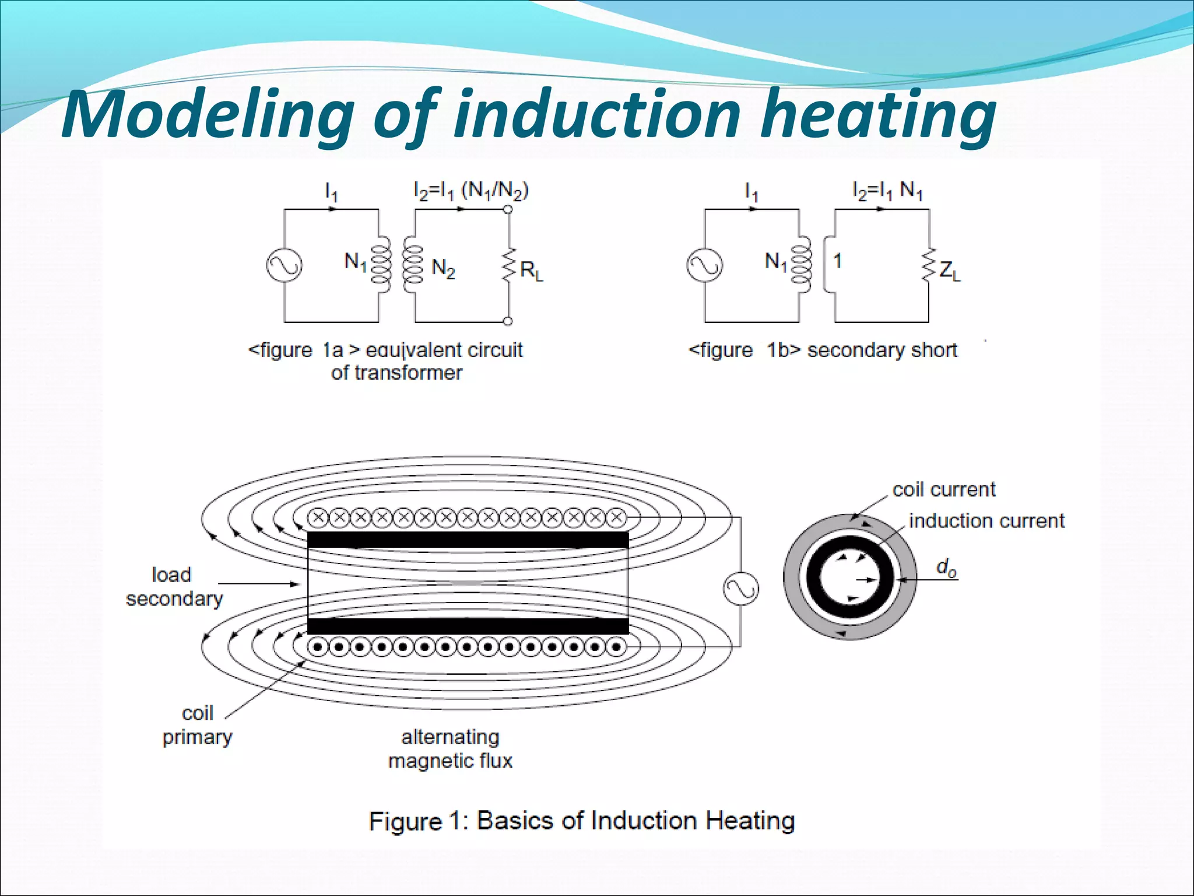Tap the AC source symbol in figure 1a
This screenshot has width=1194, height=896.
(285, 265)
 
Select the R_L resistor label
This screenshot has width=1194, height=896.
(531, 271)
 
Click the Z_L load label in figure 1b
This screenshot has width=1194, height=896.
(949, 271)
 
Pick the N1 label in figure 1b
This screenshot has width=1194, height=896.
(775, 262)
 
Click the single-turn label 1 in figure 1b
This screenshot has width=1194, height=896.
(838, 261)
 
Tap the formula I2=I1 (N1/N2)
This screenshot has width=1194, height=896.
(470, 191)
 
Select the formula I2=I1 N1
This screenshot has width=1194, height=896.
(887, 191)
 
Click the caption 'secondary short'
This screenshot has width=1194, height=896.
(882, 350)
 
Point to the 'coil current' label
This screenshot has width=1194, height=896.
(944, 489)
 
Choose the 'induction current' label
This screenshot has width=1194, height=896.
(986, 520)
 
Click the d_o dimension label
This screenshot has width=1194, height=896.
(946, 568)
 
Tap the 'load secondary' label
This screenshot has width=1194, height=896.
(174, 587)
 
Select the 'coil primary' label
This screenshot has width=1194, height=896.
(197, 725)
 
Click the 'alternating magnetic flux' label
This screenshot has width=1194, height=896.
(450, 749)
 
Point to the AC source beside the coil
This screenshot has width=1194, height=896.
(741, 589)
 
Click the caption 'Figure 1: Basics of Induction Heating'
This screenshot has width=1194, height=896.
(582, 821)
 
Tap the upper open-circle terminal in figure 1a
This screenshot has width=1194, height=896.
(508, 209)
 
